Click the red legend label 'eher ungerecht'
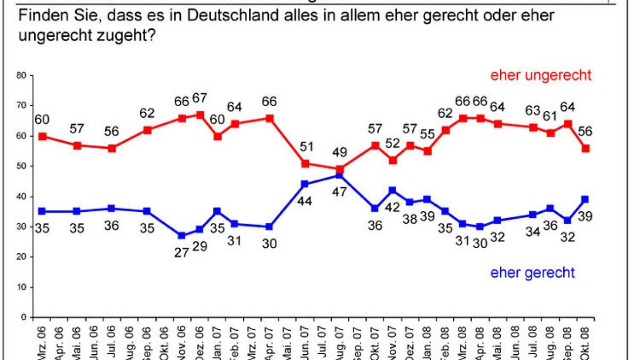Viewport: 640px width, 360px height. click(541, 75)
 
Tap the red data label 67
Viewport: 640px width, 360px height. click(201, 99)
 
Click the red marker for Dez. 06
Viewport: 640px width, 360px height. click(200, 115)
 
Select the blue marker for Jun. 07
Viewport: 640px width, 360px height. click(305, 184)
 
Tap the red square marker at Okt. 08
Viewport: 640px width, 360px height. click(586, 148)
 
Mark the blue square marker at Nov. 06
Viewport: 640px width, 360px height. click(181, 235)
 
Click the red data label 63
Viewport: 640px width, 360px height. click(533, 110)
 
